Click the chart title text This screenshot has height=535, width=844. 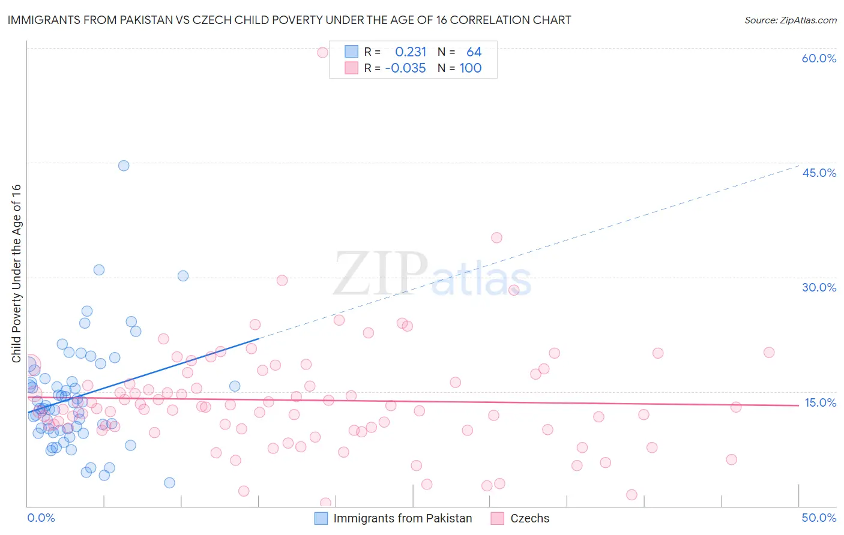click(x=289, y=20)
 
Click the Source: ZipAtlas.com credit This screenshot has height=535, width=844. click(x=790, y=20)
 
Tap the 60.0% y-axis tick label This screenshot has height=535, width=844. click(x=819, y=58)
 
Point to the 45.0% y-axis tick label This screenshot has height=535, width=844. click(x=819, y=173)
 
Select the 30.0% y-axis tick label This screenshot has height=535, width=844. click(x=819, y=287)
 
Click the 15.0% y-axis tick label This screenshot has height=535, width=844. click(x=820, y=402)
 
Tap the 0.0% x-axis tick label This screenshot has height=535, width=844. click(x=41, y=518)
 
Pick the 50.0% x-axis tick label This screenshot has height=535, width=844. click(x=819, y=518)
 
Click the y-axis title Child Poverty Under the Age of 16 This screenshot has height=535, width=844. click(x=16, y=273)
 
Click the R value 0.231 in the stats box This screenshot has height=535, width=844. click(x=411, y=52)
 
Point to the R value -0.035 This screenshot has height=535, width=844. click(x=405, y=68)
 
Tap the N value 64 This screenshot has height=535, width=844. click(x=474, y=52)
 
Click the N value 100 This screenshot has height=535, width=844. click(x=471, y=68)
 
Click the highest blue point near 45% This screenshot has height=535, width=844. click(x=124, y=166)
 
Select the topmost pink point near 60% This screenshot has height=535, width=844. click(x=322, y=52)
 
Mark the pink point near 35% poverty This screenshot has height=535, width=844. click(x=496, y=238)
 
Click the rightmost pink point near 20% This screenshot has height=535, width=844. click(x=769, y=352)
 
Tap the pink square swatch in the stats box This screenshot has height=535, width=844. click(x=351, y=68)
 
